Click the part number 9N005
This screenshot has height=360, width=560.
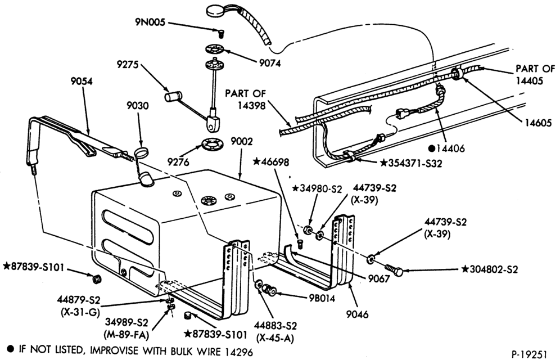pos(150,22)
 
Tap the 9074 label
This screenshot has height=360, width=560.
pos(270,63)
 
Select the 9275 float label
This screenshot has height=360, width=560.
pos(128,65)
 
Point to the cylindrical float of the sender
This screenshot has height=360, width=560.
pos(173,96)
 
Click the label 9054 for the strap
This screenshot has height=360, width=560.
pos(82,82)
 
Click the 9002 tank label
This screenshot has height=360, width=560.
pos(241,141)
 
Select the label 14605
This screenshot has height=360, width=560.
pos(538,123)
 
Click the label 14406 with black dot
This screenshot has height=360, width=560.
pos(446,148)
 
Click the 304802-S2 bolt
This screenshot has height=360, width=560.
pos(394,269)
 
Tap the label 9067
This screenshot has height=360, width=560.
pos(379,278)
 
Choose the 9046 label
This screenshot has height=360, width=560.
pos(357,314)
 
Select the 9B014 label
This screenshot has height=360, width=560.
pos(323,298)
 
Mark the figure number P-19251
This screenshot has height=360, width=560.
pos(529,354)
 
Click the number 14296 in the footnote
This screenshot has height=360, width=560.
pos(239,352)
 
